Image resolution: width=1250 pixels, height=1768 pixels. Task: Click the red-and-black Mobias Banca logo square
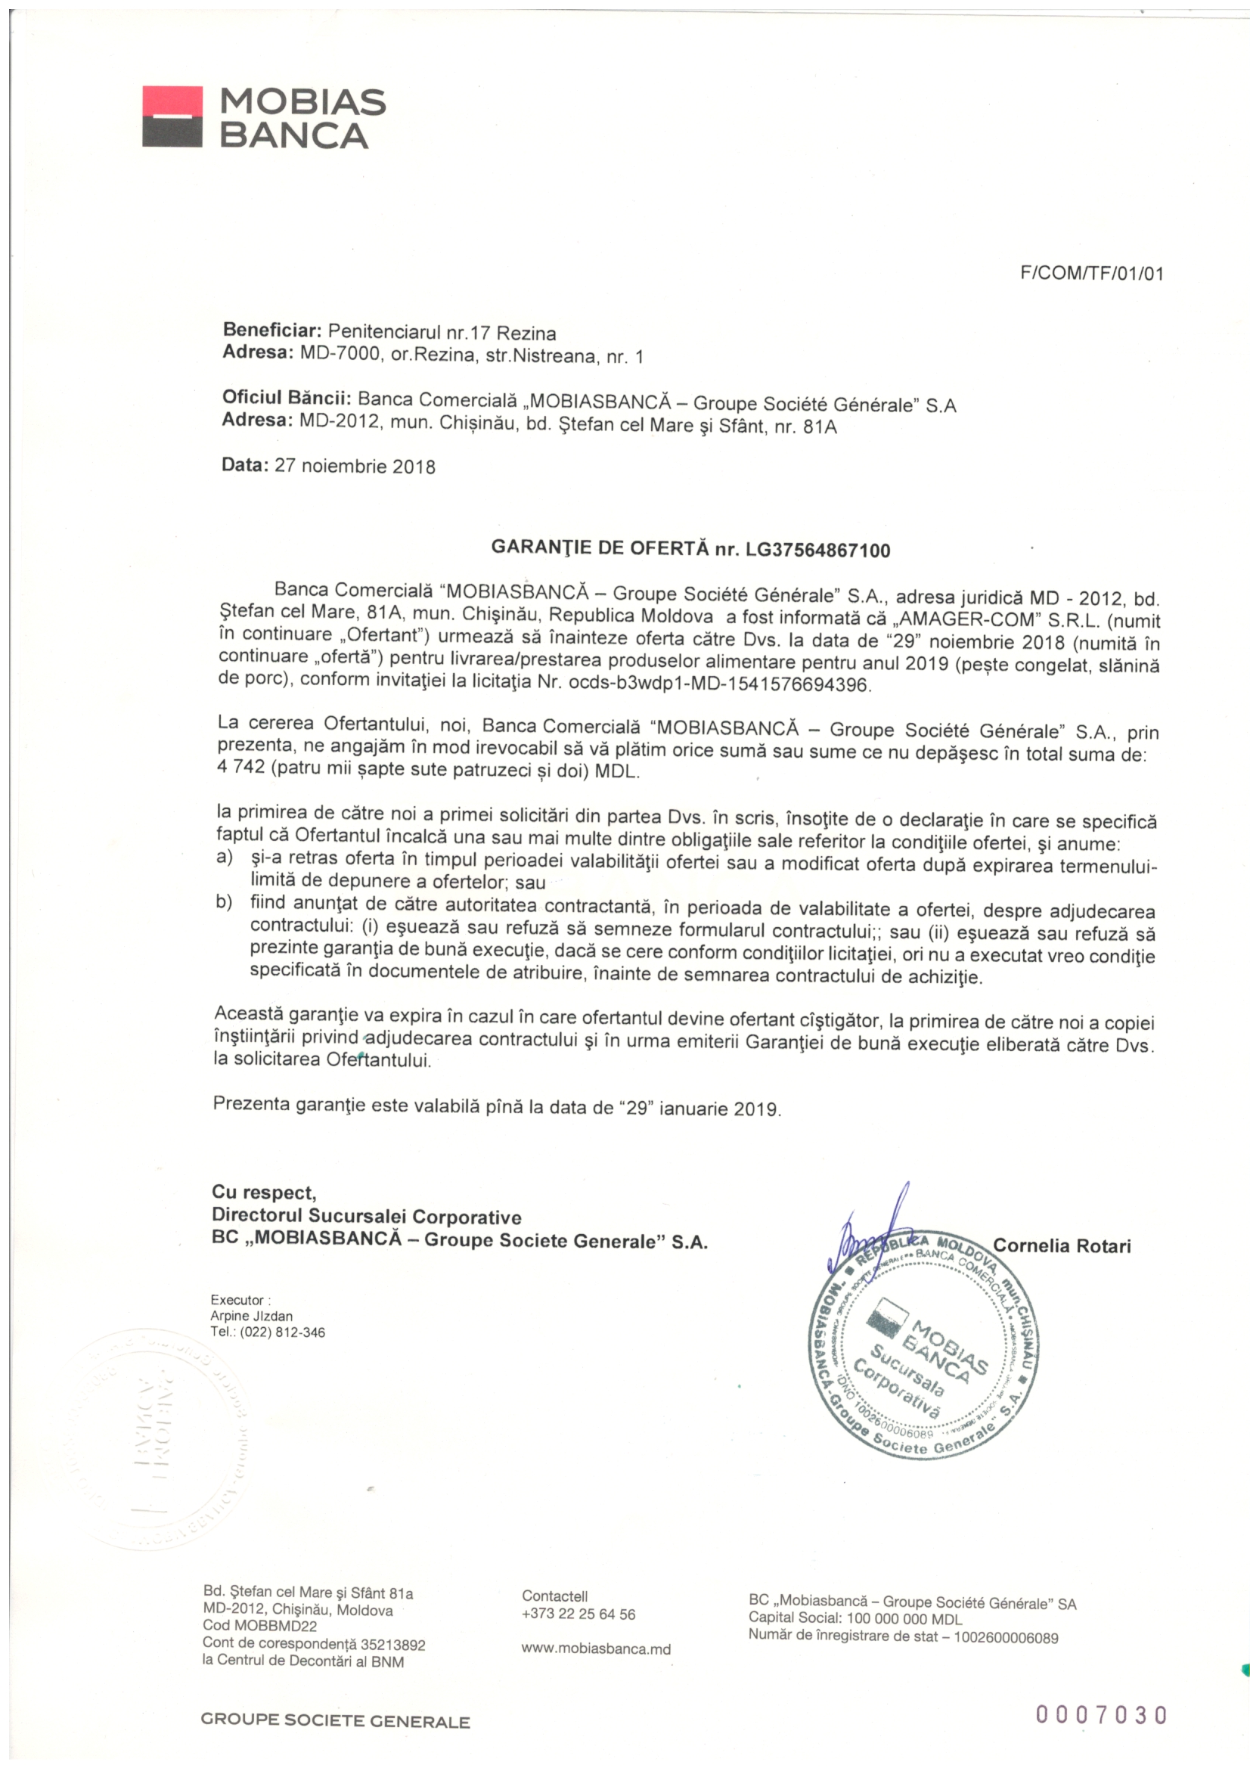[x=172, y=116]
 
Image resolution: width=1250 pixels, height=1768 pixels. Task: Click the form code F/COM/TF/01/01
[x=1091, y=273]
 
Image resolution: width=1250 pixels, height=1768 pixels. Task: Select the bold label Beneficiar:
[x=271, y=331]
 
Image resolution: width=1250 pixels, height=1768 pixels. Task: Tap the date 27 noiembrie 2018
[x=355, y=467]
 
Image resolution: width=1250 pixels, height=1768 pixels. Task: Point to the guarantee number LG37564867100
[x=817, y=550]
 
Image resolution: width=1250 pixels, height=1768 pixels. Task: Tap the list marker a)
[x=224, y=858]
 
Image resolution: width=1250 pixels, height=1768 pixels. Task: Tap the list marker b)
[x=224, y=902]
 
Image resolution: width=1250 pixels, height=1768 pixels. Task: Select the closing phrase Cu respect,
[x=263, y=1193]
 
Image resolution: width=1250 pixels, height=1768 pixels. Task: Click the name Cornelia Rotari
[x=1061, y=1246]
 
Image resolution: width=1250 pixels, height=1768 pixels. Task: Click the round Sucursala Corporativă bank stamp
[x=924, y=1344]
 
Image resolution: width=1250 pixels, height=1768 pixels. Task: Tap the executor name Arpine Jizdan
[x=251, y=1316]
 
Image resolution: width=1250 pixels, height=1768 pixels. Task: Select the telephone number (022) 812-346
[x=282, y=1332]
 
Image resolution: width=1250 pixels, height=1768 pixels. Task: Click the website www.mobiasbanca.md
[x=595, y=1649]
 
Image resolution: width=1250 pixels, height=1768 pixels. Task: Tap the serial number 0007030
[x=1100, y=1715]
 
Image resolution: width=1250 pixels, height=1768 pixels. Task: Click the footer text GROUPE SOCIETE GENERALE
[x=335, y=1721]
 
